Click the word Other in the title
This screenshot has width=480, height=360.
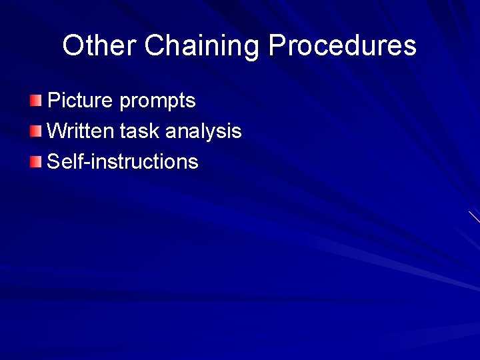[100, 46]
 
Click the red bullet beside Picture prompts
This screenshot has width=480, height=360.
[35, 101]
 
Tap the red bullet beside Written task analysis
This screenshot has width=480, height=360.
[35, 131]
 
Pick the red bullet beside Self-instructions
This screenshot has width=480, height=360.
[35, 161]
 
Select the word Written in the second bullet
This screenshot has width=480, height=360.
[81, 131]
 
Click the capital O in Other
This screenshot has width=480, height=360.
[73, 46]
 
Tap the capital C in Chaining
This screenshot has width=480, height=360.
[154, 46]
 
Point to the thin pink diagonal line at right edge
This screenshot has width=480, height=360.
[474, 217]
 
